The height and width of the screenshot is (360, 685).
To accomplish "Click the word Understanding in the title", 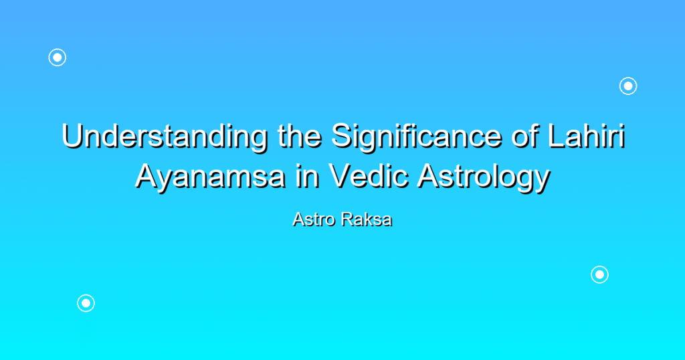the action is (165, 137).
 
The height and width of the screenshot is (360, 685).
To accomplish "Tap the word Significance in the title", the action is (417, 137).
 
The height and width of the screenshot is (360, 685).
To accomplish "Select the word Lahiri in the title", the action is (587, 136).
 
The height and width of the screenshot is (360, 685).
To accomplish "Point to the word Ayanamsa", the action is (211, 177).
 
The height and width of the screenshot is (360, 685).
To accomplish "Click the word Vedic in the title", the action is (369, 176).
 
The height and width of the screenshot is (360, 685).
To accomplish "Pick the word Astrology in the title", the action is (484, 177).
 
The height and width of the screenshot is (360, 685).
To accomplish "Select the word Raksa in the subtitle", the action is (367, 219).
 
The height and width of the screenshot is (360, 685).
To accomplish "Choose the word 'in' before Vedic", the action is (307, 177).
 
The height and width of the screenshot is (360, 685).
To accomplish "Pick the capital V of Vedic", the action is (341, 177).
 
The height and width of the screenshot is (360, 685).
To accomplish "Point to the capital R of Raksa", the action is (349, 219).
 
